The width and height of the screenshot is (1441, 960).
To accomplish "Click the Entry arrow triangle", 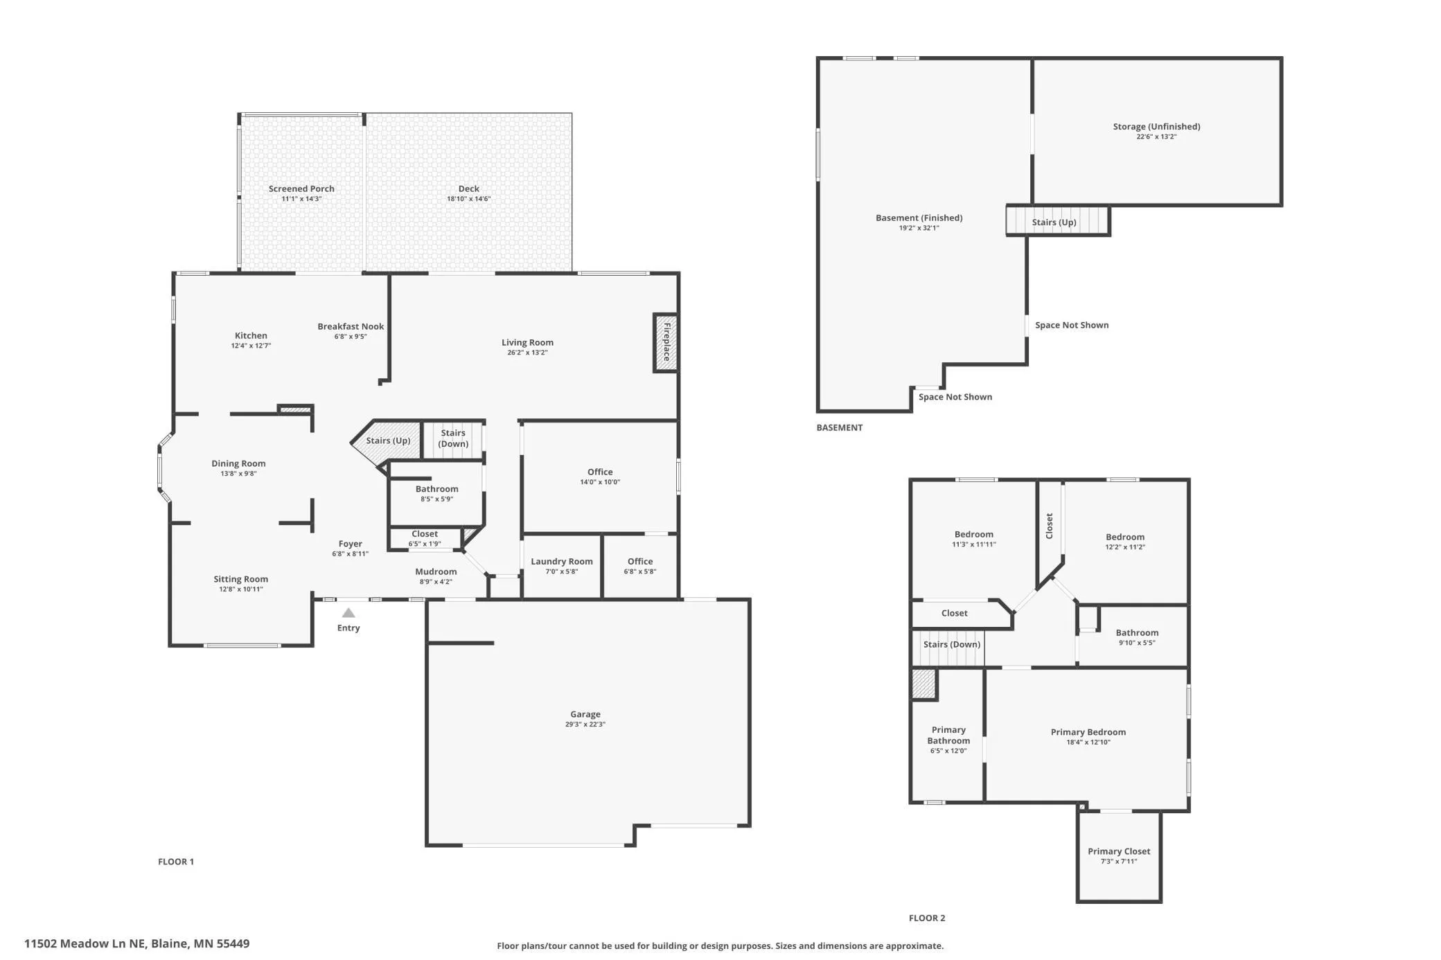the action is pyautogui.click(x=348, y=613).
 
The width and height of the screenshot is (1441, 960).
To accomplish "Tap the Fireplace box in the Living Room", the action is pyautogui.click(x=665, y=342).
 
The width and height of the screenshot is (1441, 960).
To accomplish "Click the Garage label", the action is pyautogui.click(x=585, y=714).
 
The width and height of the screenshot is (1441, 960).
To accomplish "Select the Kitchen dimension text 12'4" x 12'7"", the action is pyautogui.click(x=251, y=346).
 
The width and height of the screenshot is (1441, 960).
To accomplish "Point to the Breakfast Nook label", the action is pyautogui.click(x=351, y=326).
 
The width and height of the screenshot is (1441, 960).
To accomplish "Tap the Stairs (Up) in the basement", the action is pyautogui.click(x=1058, y=222).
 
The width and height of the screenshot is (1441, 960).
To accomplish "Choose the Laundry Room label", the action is pyautogui.click(x=562, y=562).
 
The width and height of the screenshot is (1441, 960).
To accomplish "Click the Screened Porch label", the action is pyautogui.click(x=301, y=188).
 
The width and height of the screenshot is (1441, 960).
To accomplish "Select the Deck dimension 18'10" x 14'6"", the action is pyautogui.click(x=469, y=199).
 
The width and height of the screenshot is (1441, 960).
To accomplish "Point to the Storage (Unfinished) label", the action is pyautogui.click(x=1156, y=127).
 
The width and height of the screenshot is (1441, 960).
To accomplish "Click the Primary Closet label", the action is pyautogui.click(x=1119, y=851).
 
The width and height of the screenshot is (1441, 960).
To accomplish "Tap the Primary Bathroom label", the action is pyautogui.click(x=948, y=736).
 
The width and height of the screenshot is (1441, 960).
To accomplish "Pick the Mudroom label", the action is pyautogui.click(x=436, y=571).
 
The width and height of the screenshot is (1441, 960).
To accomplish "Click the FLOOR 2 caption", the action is pyautogui.click(x=927, y=918).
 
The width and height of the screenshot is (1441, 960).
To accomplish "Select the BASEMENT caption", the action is pyautogui.click(x=840, y=427).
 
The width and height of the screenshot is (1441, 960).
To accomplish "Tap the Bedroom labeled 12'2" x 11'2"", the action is pyautogui.click(x=1125, y=537).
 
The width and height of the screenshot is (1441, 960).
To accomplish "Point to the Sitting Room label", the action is pyautogui.click(x=240, y=579).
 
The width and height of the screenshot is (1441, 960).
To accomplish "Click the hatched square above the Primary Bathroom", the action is pyautogui.click(x=923, y=684).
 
